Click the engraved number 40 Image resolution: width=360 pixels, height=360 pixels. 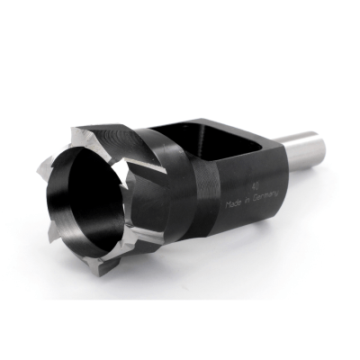256,186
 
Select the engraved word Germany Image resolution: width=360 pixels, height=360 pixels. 265,196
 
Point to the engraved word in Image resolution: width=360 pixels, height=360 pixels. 247,202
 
